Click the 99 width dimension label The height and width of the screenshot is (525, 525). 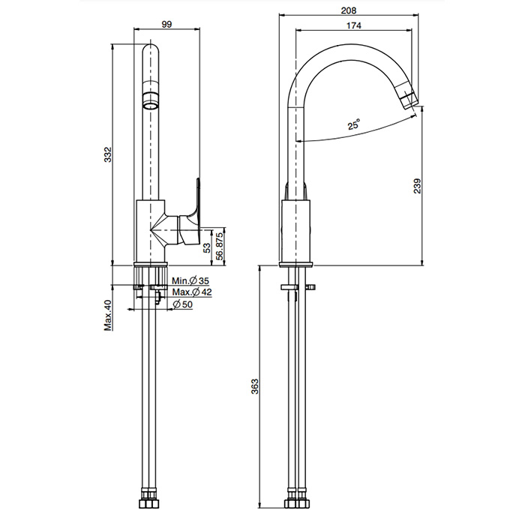[166, 24]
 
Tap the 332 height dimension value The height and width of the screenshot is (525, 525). [107, 155]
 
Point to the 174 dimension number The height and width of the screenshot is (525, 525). [354, 26]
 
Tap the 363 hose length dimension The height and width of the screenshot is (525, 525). [254, 387]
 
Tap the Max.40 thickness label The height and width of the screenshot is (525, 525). [107, 315]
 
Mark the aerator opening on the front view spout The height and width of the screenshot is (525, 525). [151, 99]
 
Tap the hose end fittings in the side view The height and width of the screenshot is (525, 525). [296, 499]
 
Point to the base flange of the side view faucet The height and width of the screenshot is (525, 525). [296, 264]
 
